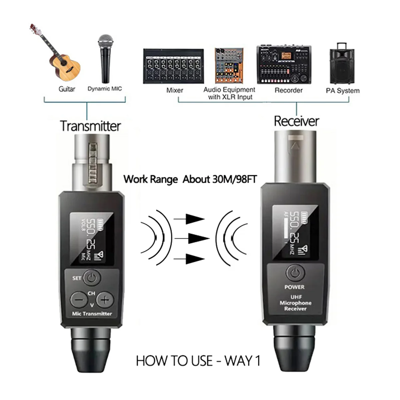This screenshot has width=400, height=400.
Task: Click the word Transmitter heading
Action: tap(90, 126)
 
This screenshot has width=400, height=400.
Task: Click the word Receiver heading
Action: tap(296, 121)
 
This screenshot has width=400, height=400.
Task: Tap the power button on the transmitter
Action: tap(92, 277)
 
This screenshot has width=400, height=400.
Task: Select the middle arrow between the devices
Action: tap(192, 239)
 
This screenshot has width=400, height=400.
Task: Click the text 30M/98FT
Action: tap(234, 179)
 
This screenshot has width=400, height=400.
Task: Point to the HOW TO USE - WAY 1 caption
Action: tap(198, 361)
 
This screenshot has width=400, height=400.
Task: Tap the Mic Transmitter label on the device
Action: tap(92, 314)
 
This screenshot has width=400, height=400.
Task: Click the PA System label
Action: tap(342, 91)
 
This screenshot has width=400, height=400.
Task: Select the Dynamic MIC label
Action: tap(105, 89)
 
